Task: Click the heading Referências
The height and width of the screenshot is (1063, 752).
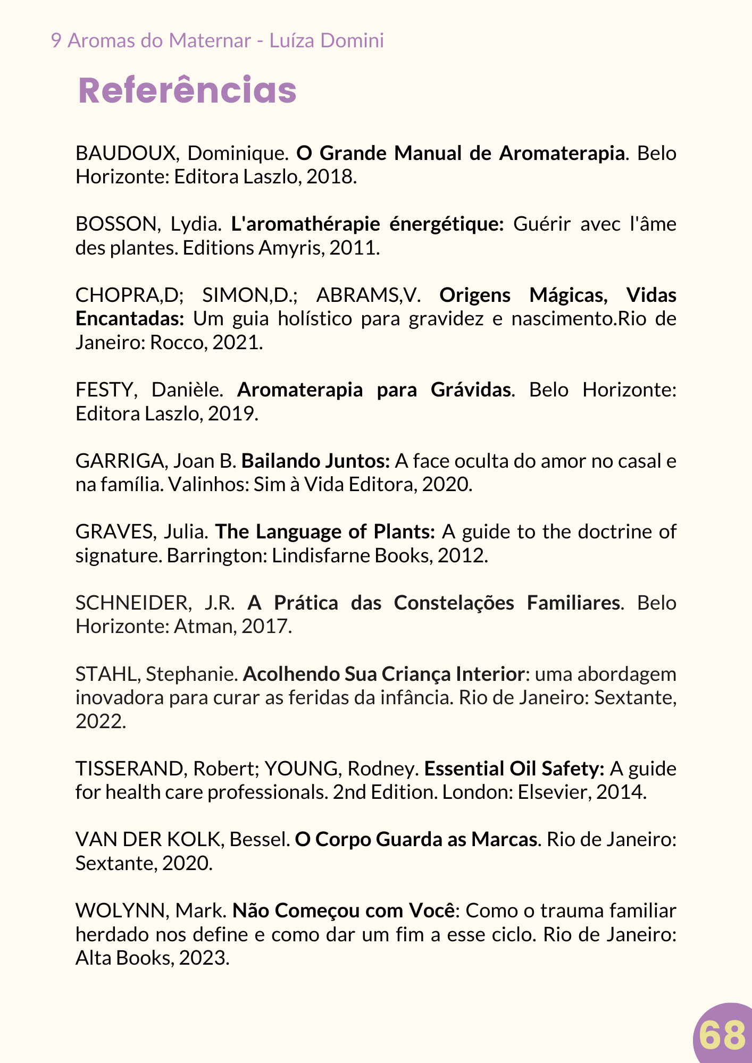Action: [187, 91]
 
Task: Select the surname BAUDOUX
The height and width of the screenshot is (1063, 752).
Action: [126, 153]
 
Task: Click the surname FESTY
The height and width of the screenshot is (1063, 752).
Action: [104, 390]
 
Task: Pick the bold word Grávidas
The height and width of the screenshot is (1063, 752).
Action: [471, 390]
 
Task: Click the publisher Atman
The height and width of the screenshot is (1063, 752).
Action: [204, 627]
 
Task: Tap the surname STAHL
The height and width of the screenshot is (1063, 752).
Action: [106, 674]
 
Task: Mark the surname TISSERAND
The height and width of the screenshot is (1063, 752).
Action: [130, 769]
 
